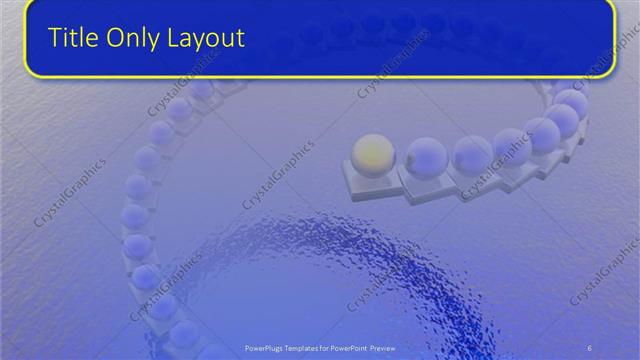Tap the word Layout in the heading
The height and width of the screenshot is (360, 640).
(207, 39)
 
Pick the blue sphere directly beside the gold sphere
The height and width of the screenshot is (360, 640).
(426, 157)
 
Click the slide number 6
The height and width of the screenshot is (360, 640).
(589, 347)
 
